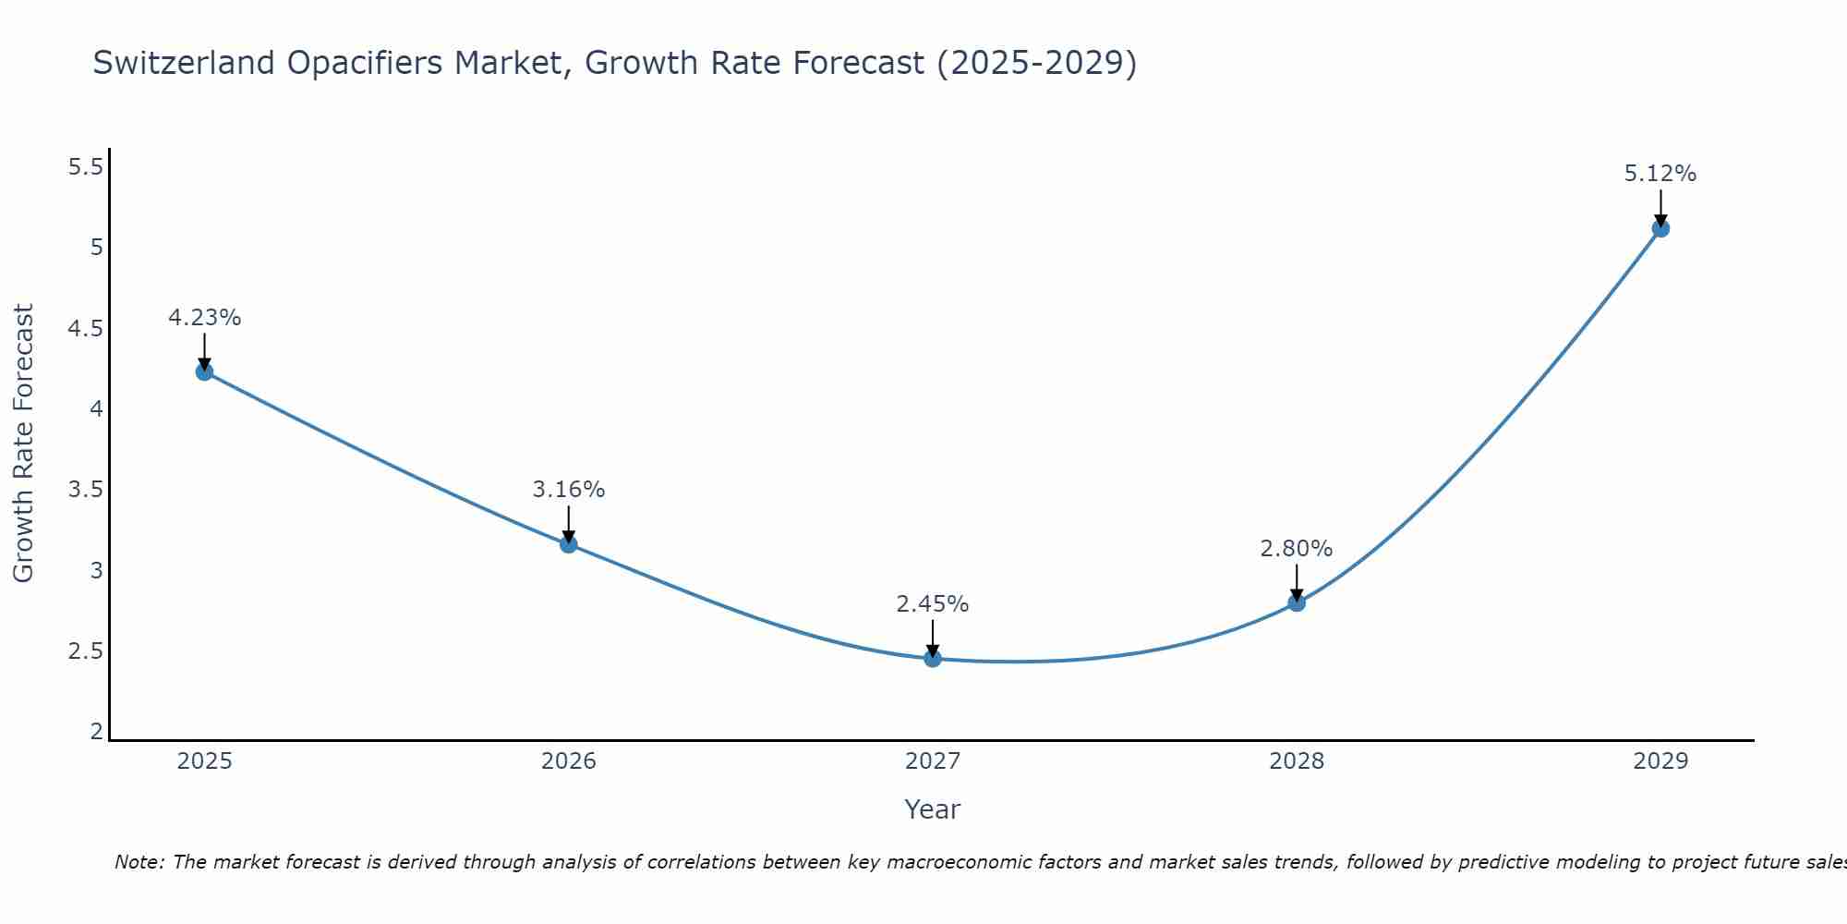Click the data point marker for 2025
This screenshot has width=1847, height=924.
tap(204, 371)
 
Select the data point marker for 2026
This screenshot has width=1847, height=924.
tap(569, 544)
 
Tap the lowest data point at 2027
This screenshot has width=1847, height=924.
tap(933, 659)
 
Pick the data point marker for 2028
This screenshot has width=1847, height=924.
tap(1297, 602)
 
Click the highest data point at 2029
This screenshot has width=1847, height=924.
tap(1660, 228)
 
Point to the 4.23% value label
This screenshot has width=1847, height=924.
tap(204, 318)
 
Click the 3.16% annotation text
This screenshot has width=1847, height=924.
tap(569, 490)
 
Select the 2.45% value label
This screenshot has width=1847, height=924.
tap(933, 604)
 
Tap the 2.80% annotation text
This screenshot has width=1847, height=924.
tap(1297, 549)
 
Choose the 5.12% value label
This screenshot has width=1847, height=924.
tap(1660, 174)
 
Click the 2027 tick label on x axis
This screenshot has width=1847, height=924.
tap(933, 761)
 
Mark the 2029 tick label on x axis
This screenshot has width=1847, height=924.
tap(1660, 761)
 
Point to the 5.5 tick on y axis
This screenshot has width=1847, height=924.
tap(85, 167)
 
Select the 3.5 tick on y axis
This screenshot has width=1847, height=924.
tap(85, 490)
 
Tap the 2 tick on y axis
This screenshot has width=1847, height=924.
tap(96, 732)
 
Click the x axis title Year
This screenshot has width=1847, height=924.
tap(933, 809)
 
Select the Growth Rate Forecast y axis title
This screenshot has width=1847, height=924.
tap(23, 444)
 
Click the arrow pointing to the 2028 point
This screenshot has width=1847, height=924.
tap(1297, 582)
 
